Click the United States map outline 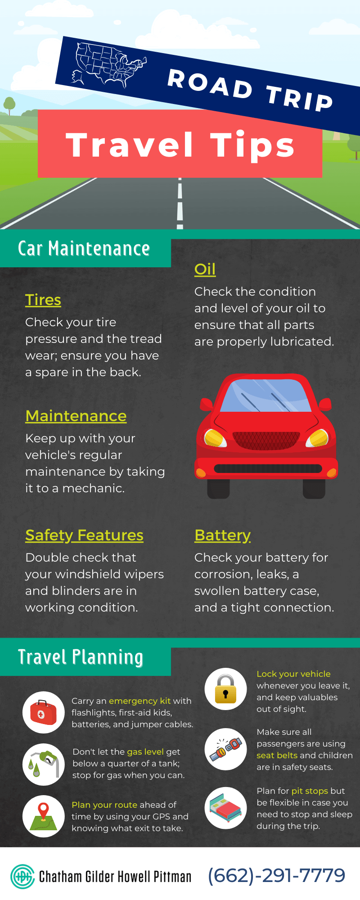point(108,65)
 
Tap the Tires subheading point(43,300)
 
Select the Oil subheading point(205,269)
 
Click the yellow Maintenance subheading point(76,416)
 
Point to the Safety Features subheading point(84,535)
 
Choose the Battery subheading point(222,535)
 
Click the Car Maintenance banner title point(84,248)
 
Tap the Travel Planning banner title point(81,657)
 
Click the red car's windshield point(266,396)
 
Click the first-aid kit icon point(44,712)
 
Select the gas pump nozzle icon point(44,764)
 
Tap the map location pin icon point(44,816)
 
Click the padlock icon point(225,689)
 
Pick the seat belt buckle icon point(225,749)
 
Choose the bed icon point(225,808)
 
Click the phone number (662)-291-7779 point(276,876)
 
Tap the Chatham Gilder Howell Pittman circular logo point(22,877)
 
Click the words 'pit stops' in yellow point(310,791)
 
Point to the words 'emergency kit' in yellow point(139,701)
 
